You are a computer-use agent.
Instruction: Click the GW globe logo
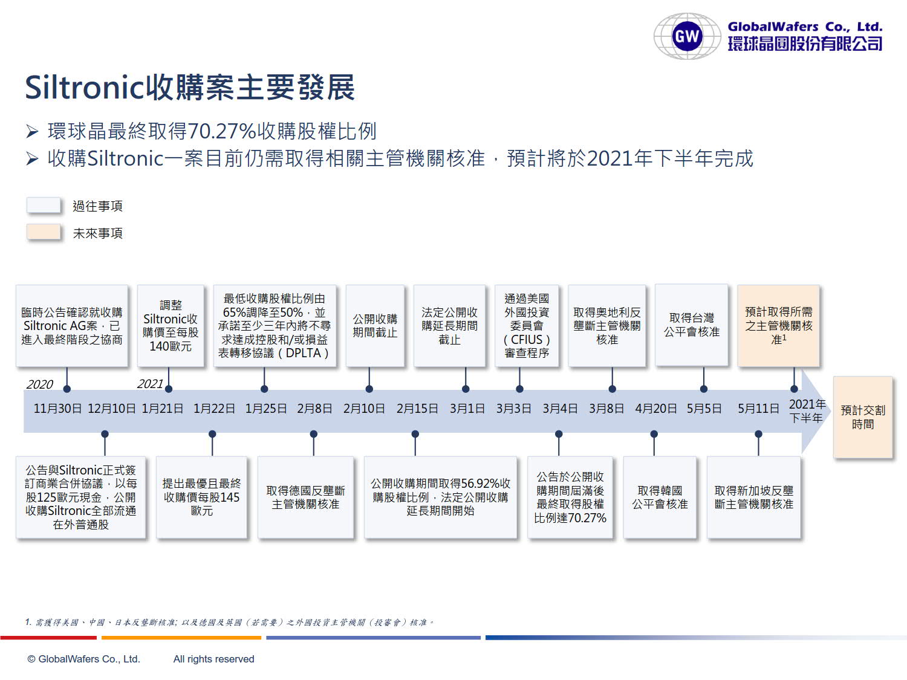pyautogui.click(x=687, y=36)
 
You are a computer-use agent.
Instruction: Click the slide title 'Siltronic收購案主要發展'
pyautogui.click(x=190, y=88)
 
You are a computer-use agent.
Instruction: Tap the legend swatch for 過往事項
pyautogui.click(x=44, y=205)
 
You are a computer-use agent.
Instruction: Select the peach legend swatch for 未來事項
pyautogui.click(x=44, y=232)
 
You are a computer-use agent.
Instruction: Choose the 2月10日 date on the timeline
pyautogui.click(x=364, y=409)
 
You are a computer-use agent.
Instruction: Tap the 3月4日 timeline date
pyautogui.click(x=560, y=409)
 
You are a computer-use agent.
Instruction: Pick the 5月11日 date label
pyautogui.click(x=759, y=409)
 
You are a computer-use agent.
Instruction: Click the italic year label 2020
pyautogui.click(x=40, y=384)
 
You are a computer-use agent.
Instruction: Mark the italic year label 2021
pyautogui.click(x=150, y=384)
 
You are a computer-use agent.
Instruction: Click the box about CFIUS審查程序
pyautogui.click(x=527, y=326)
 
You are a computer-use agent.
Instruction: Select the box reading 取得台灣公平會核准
pyautogui.click(x=691, y=325)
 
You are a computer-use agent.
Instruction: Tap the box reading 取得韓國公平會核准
pyautogui.click(x=660, y=497)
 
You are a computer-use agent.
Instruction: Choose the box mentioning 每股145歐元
pyautogui.click(x=201, y=497)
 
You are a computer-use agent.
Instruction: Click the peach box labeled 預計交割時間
pyautogui.click(x=863, y=417)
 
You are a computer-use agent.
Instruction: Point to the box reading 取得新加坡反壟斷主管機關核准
pyautogui.click(x=753, y=497)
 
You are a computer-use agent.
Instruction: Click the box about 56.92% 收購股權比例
pyautogui.click(x=440, y=497)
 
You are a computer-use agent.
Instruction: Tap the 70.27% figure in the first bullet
pyautogui.click(x=222, y=131)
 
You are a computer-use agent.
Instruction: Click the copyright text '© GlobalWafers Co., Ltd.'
pyautogui.click(x=84, y=659)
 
